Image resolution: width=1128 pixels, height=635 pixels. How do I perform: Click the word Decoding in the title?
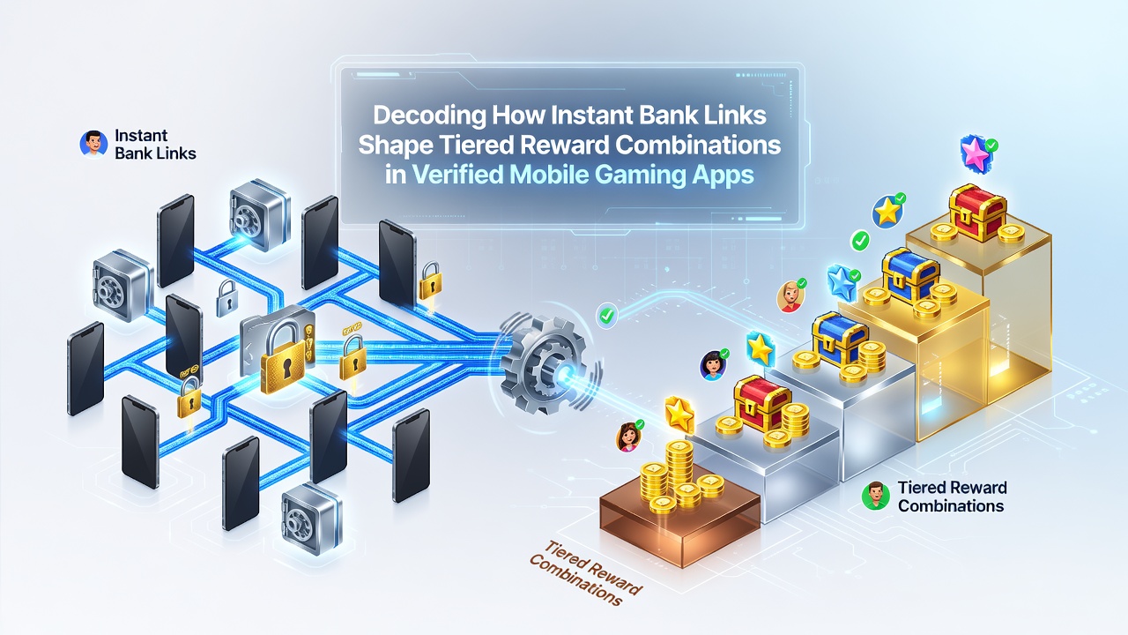429,116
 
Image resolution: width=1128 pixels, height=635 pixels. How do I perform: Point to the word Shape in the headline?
396,146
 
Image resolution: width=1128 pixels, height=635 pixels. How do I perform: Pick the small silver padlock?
227,298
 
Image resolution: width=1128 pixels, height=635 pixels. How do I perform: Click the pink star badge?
976,153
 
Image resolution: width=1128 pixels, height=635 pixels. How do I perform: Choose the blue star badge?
842,282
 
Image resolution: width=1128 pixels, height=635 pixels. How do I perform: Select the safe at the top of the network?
260,214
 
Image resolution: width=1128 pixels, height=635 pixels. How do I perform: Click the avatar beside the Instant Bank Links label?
93,144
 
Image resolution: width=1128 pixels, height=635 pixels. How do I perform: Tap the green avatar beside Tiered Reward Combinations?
876,496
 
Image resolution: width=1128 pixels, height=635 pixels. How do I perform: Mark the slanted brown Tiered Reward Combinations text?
586,573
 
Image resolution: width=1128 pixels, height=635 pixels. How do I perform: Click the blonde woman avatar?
790,296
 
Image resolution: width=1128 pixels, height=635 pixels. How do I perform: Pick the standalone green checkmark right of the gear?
607,316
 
